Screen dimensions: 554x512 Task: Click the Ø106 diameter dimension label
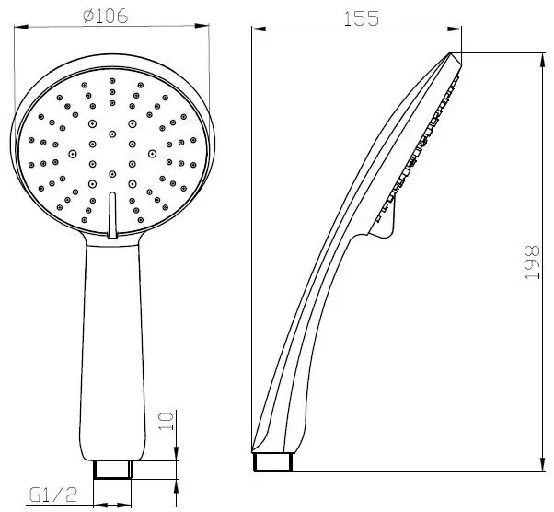pos(105,17)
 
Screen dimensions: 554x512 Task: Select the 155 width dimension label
pos(361,18)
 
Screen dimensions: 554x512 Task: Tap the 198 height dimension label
pos(532,262)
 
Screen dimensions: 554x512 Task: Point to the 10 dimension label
pos(166,421)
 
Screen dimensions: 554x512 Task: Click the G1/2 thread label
pos(53,495)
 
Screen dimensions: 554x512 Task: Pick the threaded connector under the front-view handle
pos(113,470)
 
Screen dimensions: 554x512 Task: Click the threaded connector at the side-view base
pos(273,461)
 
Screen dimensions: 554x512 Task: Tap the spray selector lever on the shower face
pos(112,215)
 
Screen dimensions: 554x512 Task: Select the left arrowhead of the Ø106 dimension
pos(21,27)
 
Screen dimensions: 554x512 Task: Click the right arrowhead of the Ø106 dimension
pos(202,26)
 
